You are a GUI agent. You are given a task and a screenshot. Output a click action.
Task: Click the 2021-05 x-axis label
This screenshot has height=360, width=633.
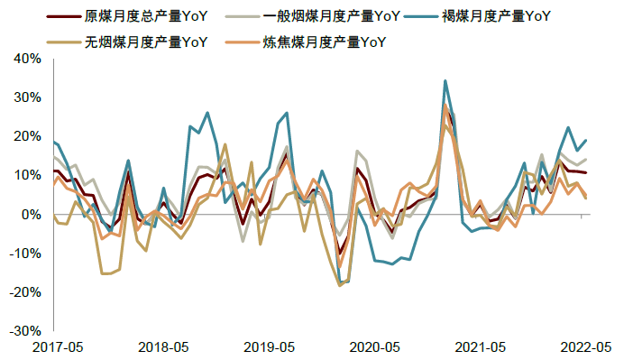pyautogui.click(x=480, y=346)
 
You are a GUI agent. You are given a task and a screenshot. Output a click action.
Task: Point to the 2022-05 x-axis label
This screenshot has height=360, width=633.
pyautogui.click(x=586, y=346)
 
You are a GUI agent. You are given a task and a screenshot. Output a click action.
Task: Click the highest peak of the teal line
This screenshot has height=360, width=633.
pyautogui.click(x=445, y=80)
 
